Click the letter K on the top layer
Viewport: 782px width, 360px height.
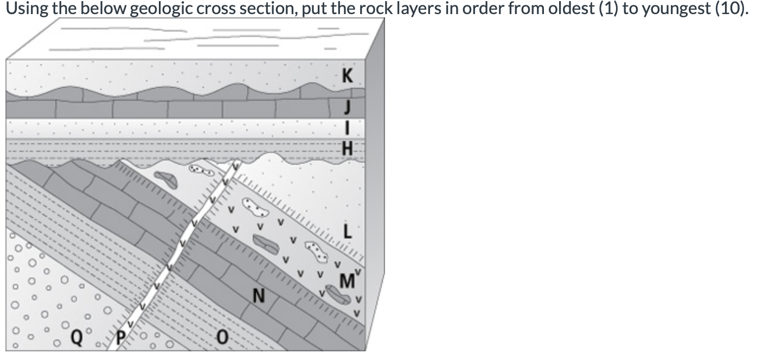click(x=348, y=77)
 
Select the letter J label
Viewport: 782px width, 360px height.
click(x=348, y=108)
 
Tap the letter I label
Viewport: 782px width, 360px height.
click(x=348, y=128)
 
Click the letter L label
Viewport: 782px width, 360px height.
click(x=348, y=232)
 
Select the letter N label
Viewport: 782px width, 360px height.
click(x=259, y=297)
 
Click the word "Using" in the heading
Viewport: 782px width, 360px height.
click(x=24, y=10)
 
